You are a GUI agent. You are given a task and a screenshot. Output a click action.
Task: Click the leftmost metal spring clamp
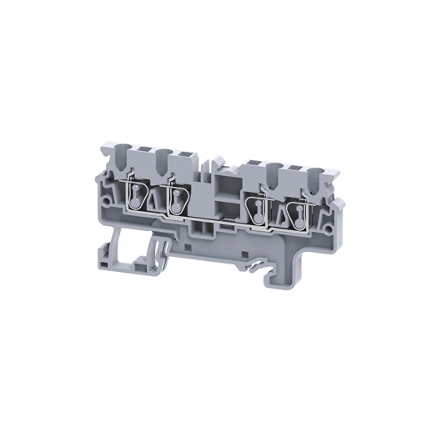133,198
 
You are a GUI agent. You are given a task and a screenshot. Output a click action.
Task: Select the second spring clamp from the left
178,199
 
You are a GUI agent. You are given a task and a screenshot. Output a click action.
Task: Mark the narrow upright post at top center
215,160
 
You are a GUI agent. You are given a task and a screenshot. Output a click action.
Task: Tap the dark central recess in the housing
221,208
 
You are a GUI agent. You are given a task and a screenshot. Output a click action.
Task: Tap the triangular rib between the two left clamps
155,198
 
